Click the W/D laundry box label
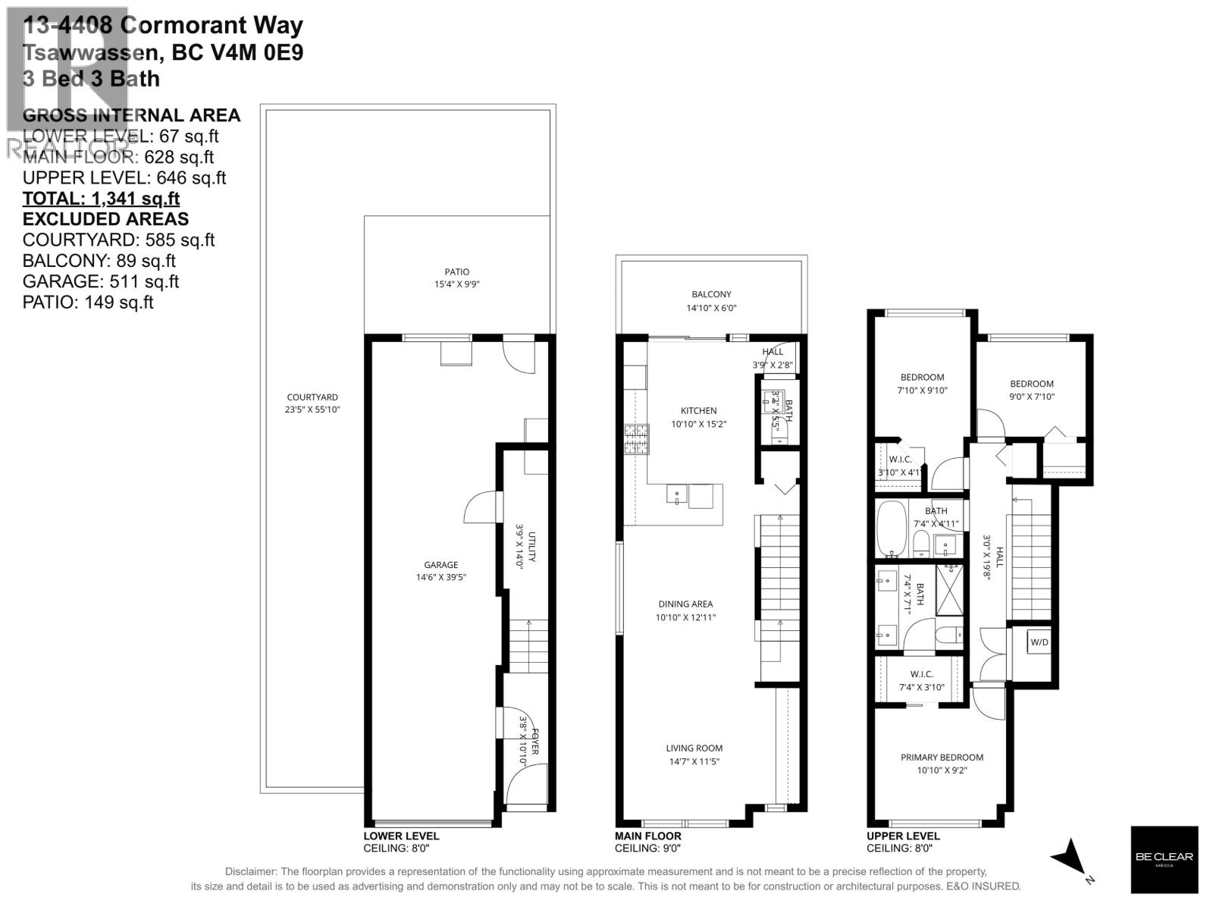(1039, 642)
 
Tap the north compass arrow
(1071, 858)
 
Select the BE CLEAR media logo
(1164, 858)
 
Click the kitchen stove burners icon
(636, 439)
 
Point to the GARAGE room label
(440, 570)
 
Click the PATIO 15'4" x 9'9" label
(456, 278)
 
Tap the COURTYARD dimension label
(312, 403)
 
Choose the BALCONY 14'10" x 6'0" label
(710, 300)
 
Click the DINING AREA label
(685, 610)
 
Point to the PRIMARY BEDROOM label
(942, 763)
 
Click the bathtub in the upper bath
(890, 528)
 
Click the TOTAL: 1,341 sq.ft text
(101, 199)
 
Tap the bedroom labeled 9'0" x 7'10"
(1031, 390)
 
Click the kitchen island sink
(676, 494)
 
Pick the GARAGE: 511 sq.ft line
(101, 281)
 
